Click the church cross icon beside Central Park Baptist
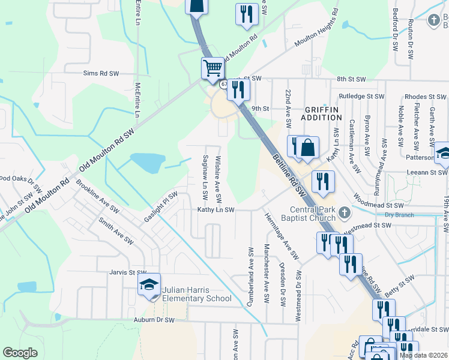(344, 212)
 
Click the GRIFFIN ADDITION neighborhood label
(322, 113)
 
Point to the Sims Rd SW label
(101, 73)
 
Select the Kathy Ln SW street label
(216, 210)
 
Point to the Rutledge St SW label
(361, 96)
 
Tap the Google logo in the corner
(20, 353)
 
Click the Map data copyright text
(424, 355)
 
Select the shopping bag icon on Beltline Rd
(307, 148)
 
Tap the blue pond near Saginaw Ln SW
(147, 161)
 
